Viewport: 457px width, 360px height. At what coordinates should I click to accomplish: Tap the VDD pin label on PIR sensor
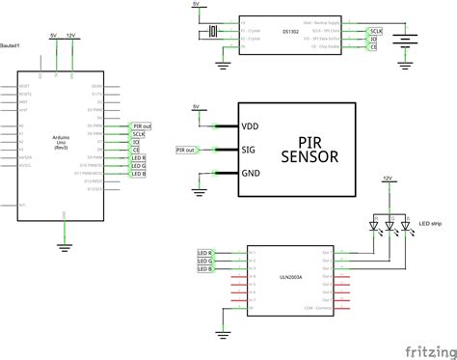[251, 125]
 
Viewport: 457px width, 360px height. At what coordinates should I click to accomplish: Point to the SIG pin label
[250, 150]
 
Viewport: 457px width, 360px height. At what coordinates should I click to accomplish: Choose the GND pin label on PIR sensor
[251, 173]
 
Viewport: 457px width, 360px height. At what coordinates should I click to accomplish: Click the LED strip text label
[430, 228]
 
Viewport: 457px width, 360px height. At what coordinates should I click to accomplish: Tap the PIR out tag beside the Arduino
[141, 125]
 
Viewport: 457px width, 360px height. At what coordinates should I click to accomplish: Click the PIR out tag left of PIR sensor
[187, 150]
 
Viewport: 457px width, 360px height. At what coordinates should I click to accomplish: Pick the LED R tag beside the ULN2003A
[204, 252]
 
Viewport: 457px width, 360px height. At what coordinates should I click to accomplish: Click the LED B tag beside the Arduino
[137, 174]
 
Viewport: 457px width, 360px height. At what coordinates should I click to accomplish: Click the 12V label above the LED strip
[388, 180]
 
